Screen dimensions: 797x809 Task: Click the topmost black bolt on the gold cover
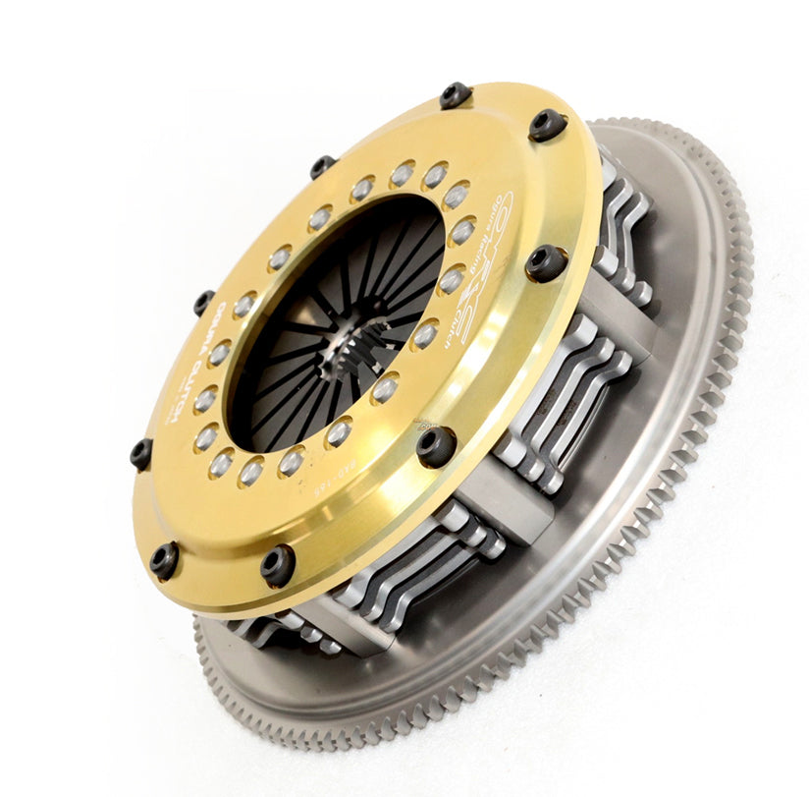(x=455, y=95)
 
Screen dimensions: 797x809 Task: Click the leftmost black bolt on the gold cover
(x=141, y=453)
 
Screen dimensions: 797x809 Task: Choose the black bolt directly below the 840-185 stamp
(x=278, y=564)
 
